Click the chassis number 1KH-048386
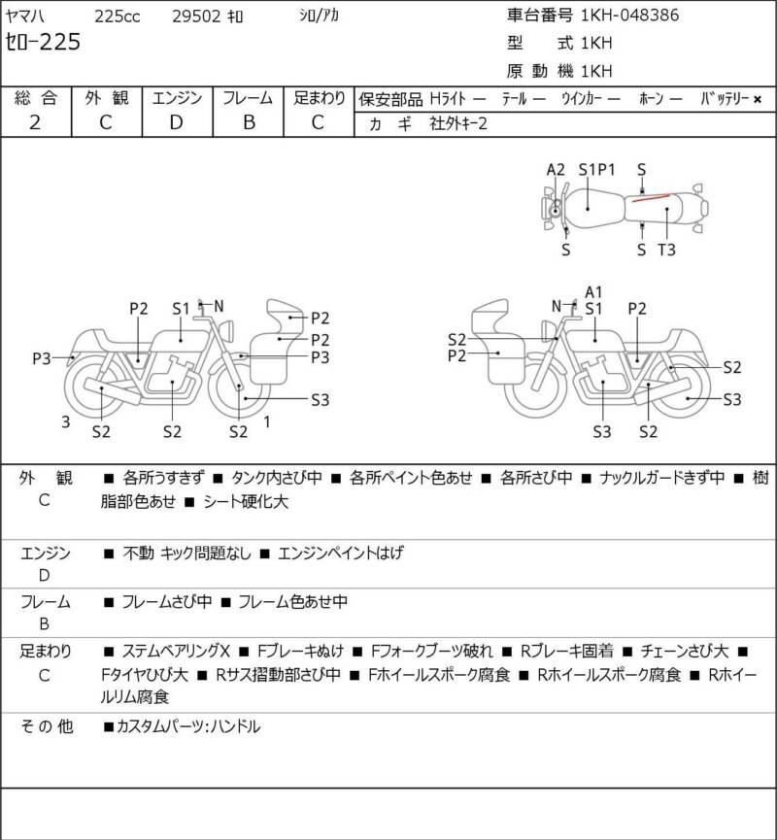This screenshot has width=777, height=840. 629,15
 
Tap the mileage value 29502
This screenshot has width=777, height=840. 196,17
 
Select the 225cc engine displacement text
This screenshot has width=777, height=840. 118,17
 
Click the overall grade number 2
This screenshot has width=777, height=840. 35,122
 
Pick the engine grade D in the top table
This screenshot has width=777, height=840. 177,122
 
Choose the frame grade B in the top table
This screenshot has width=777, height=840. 249,122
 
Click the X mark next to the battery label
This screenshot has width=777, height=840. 758,99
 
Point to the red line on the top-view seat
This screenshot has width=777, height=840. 651,198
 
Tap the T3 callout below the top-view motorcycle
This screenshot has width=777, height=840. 666,250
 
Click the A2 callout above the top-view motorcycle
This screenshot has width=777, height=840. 556,170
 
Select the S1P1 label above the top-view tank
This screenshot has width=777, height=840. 597,170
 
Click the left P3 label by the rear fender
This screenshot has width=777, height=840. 42,358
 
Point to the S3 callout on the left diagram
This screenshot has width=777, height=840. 320,400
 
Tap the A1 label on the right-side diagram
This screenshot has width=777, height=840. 593,292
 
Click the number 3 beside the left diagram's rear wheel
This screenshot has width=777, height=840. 65,422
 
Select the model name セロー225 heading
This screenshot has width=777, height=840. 43,42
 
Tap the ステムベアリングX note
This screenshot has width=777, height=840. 176,652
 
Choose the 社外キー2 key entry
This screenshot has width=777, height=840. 458,123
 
